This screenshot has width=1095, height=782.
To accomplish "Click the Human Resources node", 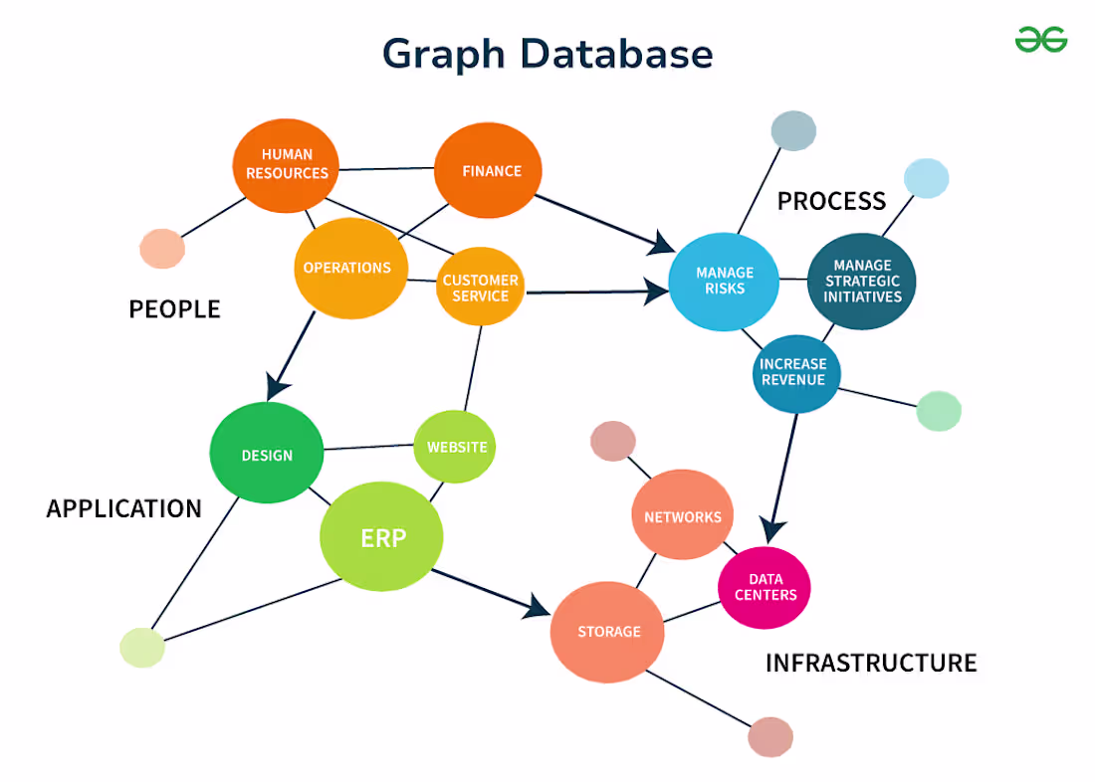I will click(287, 165).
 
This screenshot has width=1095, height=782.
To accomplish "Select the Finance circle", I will click(488, 171).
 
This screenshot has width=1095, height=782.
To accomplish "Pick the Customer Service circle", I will click(481, 287).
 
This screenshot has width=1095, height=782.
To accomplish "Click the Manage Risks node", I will click(724, 282).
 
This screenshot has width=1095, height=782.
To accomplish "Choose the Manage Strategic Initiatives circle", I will click(862, 281).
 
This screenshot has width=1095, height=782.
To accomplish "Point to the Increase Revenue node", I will click(795, 373).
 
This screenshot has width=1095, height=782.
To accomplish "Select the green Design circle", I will click(267, 454).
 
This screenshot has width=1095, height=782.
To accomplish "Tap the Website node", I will click(455, 447).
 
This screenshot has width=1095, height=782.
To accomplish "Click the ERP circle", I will click(381, 538).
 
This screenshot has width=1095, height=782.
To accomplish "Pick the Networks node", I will click(683, 516).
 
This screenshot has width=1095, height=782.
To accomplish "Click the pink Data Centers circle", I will click(765, 587).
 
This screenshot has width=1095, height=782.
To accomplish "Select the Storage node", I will click(608, 632).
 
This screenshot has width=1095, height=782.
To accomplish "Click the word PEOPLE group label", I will click(174, 309).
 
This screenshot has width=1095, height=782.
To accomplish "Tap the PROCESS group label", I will click(831, 202).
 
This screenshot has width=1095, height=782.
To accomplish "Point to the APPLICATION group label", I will click(124, 509).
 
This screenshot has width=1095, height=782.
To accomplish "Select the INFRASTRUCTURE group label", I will click(871, 663).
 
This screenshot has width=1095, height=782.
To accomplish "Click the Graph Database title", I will click(547, 54).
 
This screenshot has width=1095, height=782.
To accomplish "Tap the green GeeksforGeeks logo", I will click(1041, 40).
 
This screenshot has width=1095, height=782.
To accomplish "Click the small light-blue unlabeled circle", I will click(926, 178).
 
